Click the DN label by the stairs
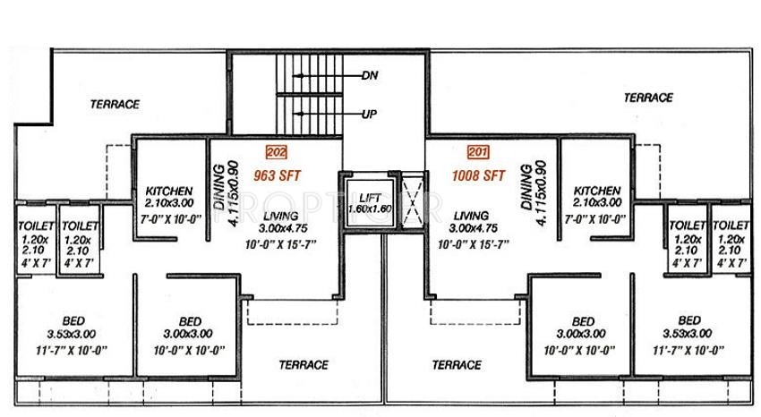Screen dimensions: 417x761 368,76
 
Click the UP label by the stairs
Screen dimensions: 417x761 368,115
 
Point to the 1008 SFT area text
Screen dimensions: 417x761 479,173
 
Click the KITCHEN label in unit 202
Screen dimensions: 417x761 168,191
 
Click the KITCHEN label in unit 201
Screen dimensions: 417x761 598,191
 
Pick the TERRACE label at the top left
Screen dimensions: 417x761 115,104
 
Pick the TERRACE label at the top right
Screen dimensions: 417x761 648,98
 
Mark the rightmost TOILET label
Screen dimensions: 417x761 732,227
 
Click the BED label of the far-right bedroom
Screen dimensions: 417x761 688,320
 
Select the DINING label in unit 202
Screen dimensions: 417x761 218,185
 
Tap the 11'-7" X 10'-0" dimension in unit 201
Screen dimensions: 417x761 688,349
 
